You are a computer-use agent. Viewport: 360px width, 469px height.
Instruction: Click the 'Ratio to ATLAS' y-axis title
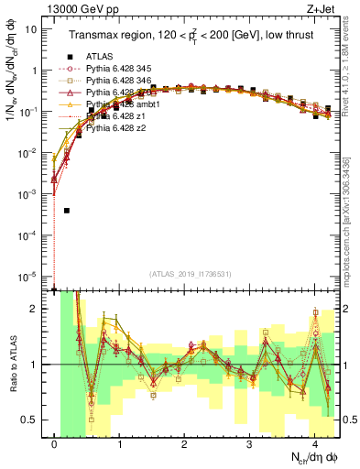[x=13, y=364]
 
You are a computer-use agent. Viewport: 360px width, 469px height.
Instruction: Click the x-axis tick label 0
[x=55, y=441]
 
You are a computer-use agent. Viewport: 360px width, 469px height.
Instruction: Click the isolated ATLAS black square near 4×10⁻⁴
[x=67, y=210]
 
